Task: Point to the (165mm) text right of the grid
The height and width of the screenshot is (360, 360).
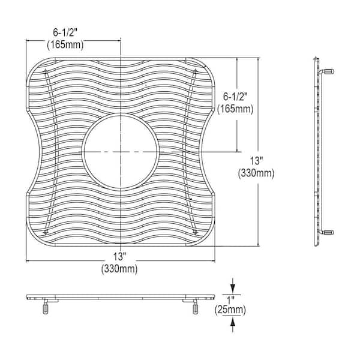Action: tap(236, 110)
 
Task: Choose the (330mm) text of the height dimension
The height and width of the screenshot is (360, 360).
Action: tap(256, 173)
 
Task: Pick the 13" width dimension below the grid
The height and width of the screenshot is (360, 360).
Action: tap(120, 258)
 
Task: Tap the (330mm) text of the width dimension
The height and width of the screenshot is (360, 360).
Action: tap(120, 269)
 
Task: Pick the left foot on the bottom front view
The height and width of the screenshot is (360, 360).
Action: tap(45, 308)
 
